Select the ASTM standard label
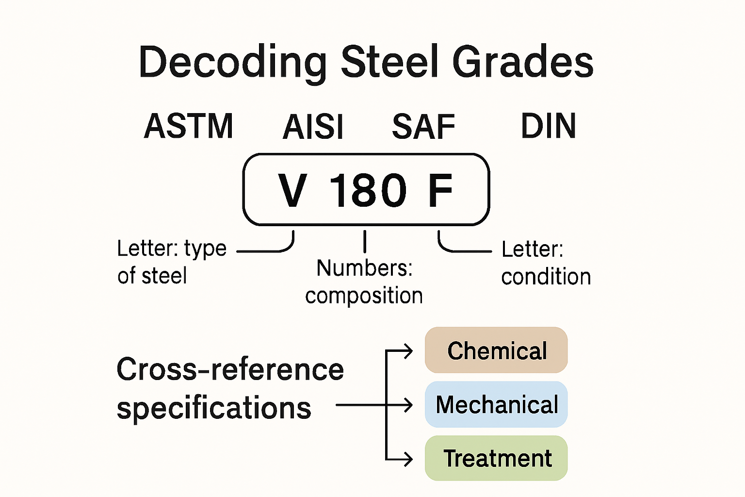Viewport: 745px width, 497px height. pyautogui.click(x=189, y=126)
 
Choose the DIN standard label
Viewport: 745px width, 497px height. pyautogui.click(x=548, y=126)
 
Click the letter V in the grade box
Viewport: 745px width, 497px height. pyautogui.click(x=292, y=190)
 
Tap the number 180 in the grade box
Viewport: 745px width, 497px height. pyautogui.click(x=368, y=190)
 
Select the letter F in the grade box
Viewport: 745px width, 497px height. pyautogui.click(x=440, y=190)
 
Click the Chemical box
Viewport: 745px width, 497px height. pyautogui.click(x=496, y=350)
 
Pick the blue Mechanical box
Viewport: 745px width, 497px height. pyautogui.click(x=496, y=404)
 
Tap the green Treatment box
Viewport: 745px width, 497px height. pyautogui.click(x=496, y=458)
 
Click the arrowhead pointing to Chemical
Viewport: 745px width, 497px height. pyautogui.click(x=409, y=350)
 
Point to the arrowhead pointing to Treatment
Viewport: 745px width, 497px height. pyautogui.click(x=409, y=458)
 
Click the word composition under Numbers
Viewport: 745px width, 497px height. pyautogui.click(x=364, y=296)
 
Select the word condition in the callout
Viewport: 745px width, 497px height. pyautogui.click(x=546, y=277)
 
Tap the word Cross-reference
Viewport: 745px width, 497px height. pyautogui.click(x=230, y=370)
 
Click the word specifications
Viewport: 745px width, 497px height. pyautogui.click(x=214, y=408)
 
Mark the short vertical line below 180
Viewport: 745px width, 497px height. pyautogui.click(x=365, y=241)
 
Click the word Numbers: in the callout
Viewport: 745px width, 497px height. pyautogui.click(x=364, y=268)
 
